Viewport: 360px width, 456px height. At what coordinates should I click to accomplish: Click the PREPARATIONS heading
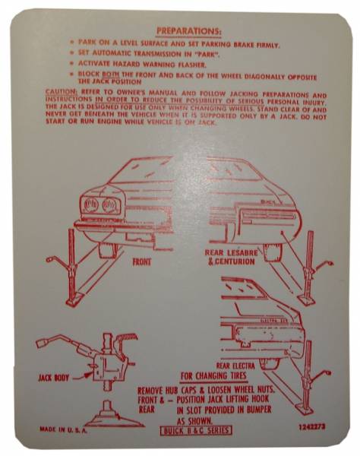tap(188, 32)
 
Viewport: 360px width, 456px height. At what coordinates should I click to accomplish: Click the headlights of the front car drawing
tap(101, 205)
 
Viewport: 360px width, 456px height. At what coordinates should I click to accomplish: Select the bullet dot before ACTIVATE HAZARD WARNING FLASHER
tap(71, 65)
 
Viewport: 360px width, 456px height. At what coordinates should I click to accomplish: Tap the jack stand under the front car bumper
tap(72, 258)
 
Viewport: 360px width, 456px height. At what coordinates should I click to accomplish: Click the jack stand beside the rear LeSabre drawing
tap(309, 266)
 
